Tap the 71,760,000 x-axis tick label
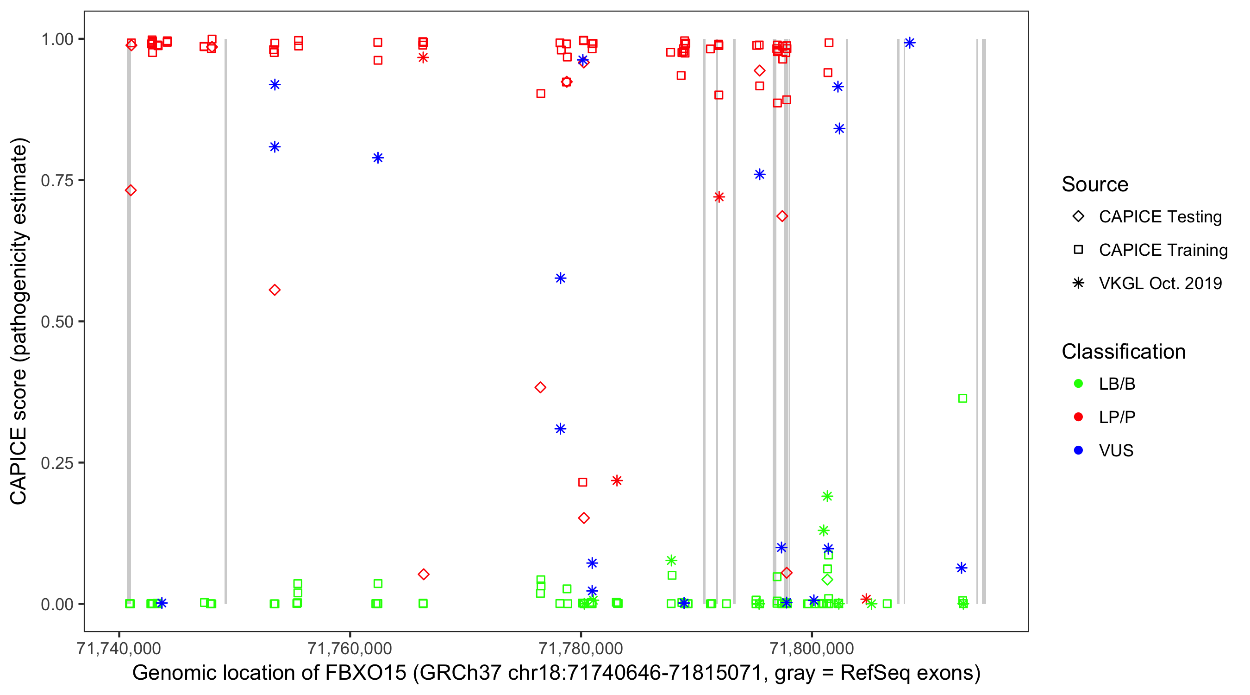coord(350,648)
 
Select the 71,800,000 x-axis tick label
coord(812,648)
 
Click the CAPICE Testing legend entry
coord(1160,217)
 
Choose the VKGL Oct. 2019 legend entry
coord(1160,283)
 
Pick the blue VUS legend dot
coord(1079,450)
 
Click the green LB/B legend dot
coord(1079,384)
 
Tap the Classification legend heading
coord(1123,352)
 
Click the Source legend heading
coord(1095,184)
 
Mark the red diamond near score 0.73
coord(131,190)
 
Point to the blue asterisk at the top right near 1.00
coord(910,43)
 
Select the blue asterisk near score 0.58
coord(561,278)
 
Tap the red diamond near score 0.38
coord(540,387)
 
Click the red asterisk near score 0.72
coord(719,197)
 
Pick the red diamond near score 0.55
coord(275,291)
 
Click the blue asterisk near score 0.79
coord(378,158)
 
